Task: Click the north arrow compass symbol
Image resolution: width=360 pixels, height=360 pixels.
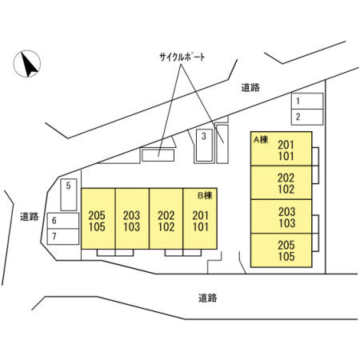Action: (27, 64)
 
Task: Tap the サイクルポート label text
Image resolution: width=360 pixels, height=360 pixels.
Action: (182, 57)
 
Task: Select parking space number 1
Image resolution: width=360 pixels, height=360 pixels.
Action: (307, 101)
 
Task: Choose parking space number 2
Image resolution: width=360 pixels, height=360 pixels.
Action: (307, 117)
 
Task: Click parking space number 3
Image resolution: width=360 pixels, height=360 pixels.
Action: (204, 146)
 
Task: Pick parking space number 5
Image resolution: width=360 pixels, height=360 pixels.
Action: (69, 194)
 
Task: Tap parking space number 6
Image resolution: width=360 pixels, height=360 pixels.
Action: (63, 221)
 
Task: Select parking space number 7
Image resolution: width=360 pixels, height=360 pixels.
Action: (63, 237)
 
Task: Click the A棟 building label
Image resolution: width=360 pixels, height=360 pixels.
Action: (261, 139)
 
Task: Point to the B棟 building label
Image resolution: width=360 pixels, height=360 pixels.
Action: (205, 195)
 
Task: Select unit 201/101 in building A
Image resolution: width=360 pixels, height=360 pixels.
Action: (282, 149)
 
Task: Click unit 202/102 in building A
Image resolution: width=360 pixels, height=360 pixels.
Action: (282, 182)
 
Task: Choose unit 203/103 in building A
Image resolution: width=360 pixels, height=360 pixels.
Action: (282, 217)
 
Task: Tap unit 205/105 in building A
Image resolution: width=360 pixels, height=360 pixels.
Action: (282, 250)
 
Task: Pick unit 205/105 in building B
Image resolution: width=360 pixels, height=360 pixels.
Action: (98, 218)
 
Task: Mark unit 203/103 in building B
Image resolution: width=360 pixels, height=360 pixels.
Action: (132, 218)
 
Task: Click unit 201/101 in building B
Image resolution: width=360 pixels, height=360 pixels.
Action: (200, 218)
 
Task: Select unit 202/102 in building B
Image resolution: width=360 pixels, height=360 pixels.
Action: (166, 218)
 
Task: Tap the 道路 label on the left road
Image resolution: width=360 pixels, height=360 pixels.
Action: (30, 217)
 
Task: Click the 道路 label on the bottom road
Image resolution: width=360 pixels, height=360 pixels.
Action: (207, 298)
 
